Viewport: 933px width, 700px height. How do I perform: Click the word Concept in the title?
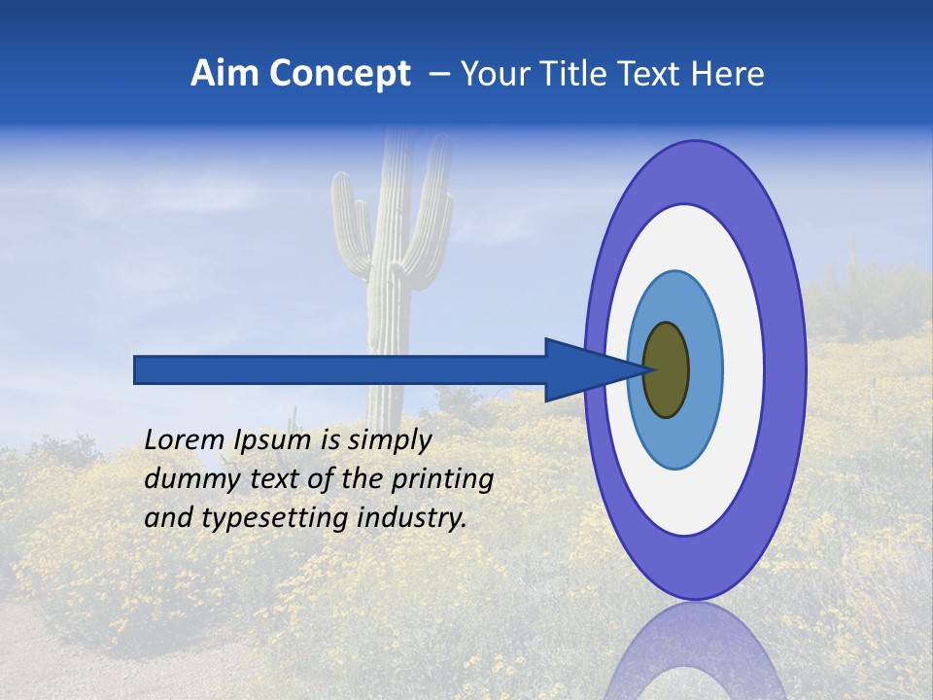click(339, 74)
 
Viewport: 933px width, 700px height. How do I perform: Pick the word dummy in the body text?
click(188, 479)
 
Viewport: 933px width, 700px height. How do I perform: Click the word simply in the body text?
click(389, 440)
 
